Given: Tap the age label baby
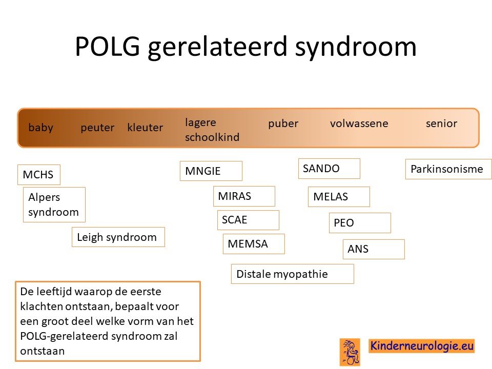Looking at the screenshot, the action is [41, 128].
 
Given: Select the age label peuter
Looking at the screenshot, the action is [97, 128].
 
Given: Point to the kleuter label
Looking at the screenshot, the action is [145, 128].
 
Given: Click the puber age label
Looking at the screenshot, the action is [283, 124].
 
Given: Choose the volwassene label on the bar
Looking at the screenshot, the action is [359, 124].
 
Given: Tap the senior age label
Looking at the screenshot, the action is [441, 124].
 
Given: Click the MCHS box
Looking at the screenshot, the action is [39, 174].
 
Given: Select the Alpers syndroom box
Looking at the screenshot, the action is [54, 204].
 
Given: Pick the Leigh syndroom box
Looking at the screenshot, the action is [118, 237].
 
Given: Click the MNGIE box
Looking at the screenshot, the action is [211, 171].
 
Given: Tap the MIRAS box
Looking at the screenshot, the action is [244, 196].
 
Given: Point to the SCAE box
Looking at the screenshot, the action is [248, 220].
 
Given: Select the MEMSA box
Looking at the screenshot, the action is [254, 244].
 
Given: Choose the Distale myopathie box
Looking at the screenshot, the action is [293, 274].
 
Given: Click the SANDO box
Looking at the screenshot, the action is [329, 169].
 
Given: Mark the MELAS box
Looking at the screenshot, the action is [339, 197].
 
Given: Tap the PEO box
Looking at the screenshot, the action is [360, 223].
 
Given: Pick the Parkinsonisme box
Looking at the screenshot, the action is [448, 169].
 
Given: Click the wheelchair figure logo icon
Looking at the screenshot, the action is [350, 352].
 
